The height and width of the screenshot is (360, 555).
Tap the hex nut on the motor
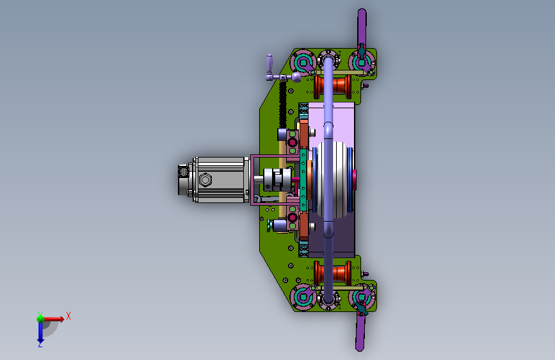(x=205, y=179)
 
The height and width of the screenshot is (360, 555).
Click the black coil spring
(x=282, y=104)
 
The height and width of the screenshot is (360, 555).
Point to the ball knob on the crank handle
(x=296, y=77)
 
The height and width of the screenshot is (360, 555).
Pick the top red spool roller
(x=333, y=86)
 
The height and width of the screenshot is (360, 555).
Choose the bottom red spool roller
(x=333, y=273)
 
